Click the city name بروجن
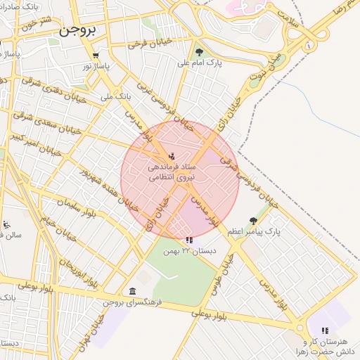coord(82,31)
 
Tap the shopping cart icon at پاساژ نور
coord(96,55)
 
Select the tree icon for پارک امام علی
coord(200,51)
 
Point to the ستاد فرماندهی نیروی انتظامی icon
coord(173,156)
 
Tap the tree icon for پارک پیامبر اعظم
coord(252,221)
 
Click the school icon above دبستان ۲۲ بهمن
coord(189,240)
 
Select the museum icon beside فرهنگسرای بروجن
coord(132,291)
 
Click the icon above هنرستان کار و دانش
coord(325,330)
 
